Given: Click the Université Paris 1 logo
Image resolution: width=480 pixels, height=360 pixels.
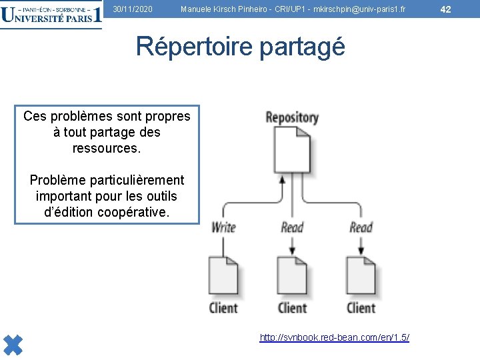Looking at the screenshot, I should pyautogui.click(x=51, y=14).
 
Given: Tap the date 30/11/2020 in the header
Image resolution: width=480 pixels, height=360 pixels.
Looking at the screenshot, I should pyautogui.click(x=133, y=9).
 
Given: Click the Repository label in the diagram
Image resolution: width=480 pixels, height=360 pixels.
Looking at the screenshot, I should pyautogui.click(x=292, y=118).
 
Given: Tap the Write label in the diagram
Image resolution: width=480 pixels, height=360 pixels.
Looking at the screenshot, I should pyautogui.click(x=223, y=227).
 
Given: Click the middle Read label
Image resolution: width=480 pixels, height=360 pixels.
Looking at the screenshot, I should pyautogui.click(x=292, y=227).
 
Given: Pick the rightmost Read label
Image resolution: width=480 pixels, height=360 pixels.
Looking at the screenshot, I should pyautogui.click(x=361, y=227).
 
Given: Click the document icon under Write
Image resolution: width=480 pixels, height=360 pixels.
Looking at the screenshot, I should pyautogui.click(x=223, y=275).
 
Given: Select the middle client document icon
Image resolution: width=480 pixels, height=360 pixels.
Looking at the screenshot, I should pyautogui.click(x=292, y=275).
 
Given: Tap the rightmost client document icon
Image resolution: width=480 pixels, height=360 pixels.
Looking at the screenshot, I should pyautogui.click(x=361, y=275).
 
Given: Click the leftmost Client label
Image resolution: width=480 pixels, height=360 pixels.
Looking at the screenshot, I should pyautogui.click(x=223, y=308).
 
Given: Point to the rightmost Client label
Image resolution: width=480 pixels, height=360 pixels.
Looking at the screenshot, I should pyautogui.click(x=361, y=308).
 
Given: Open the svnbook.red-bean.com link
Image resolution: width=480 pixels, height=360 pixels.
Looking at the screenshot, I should pyautogui.click(x=334, y=338).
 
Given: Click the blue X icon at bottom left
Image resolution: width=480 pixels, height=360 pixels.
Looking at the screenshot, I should pyautogui.click(x=13, y=343).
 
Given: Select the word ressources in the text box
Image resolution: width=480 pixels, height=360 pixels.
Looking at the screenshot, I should pyautogui.click(x=107, y=147).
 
